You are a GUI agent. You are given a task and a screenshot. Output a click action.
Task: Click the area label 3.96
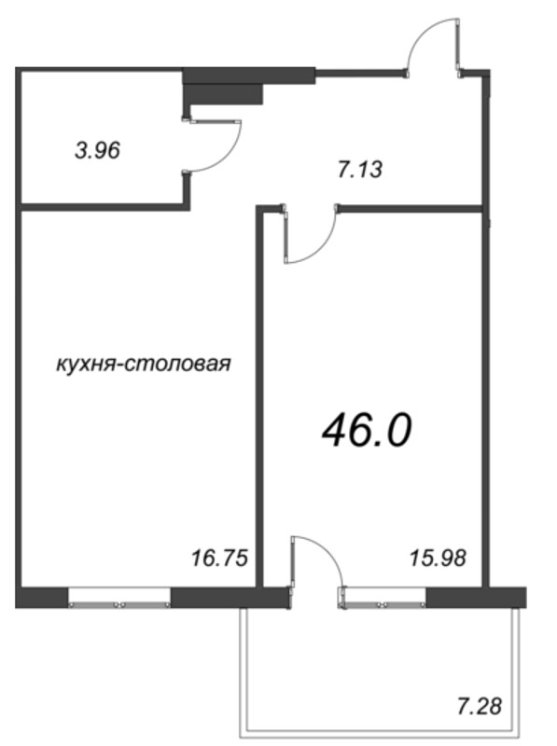pyautogui.click(x=98, y=148)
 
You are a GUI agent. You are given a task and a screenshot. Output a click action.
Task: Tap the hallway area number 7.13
pyautogui.click(x=359, y=170)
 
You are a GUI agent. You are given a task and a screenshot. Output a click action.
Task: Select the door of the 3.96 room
pyautogui.click(x=216, y=145)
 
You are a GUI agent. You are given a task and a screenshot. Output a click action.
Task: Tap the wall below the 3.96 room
pyautogui.click(x=103, y=204)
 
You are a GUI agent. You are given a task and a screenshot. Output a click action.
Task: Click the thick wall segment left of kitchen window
pyautogui.click(x=43, y=597)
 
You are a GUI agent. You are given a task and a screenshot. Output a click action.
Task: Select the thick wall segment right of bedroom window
pyautogui.click(x=476, y=597)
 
